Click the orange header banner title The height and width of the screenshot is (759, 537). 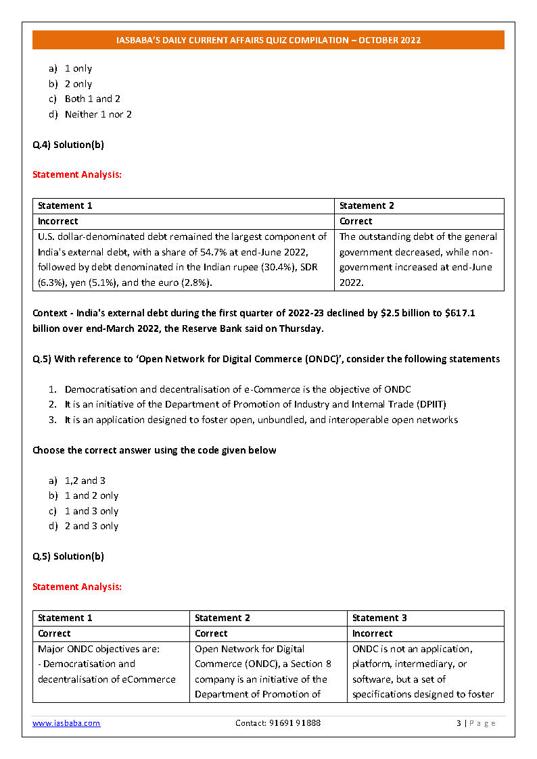[x=268, y=40]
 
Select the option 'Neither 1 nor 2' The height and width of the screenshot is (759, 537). [x=98, y=114]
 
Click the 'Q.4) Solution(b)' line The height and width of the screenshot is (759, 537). [x=68, y=145]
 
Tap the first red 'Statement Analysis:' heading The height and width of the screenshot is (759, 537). [x=77, y=174]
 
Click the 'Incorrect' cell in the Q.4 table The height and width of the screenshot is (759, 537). [x=58, y=221]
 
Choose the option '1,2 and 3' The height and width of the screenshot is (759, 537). [x=85, y=481]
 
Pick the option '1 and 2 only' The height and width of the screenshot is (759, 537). [x=91, y=495]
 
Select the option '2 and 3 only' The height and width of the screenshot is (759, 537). [x=91, y=526]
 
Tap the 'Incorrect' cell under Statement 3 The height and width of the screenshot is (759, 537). [x=373, y=633]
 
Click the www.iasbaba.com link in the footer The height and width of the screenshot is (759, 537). [x=66, y=723]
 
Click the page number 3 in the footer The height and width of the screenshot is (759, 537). [x=459, y=723]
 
